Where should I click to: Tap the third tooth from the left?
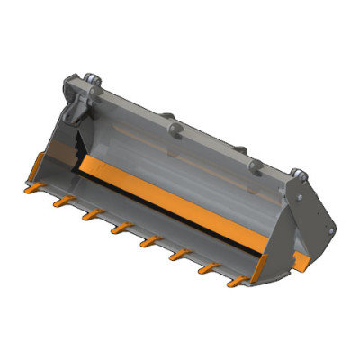click(90, 216)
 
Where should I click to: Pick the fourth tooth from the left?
click(119, 229)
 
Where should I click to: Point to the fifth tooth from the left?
click(147, 242)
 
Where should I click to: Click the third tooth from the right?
click(175, 256)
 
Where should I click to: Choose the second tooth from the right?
click(205, 268)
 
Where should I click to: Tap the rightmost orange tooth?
click(234, 282)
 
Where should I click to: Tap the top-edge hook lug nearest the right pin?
click(255, 164)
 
